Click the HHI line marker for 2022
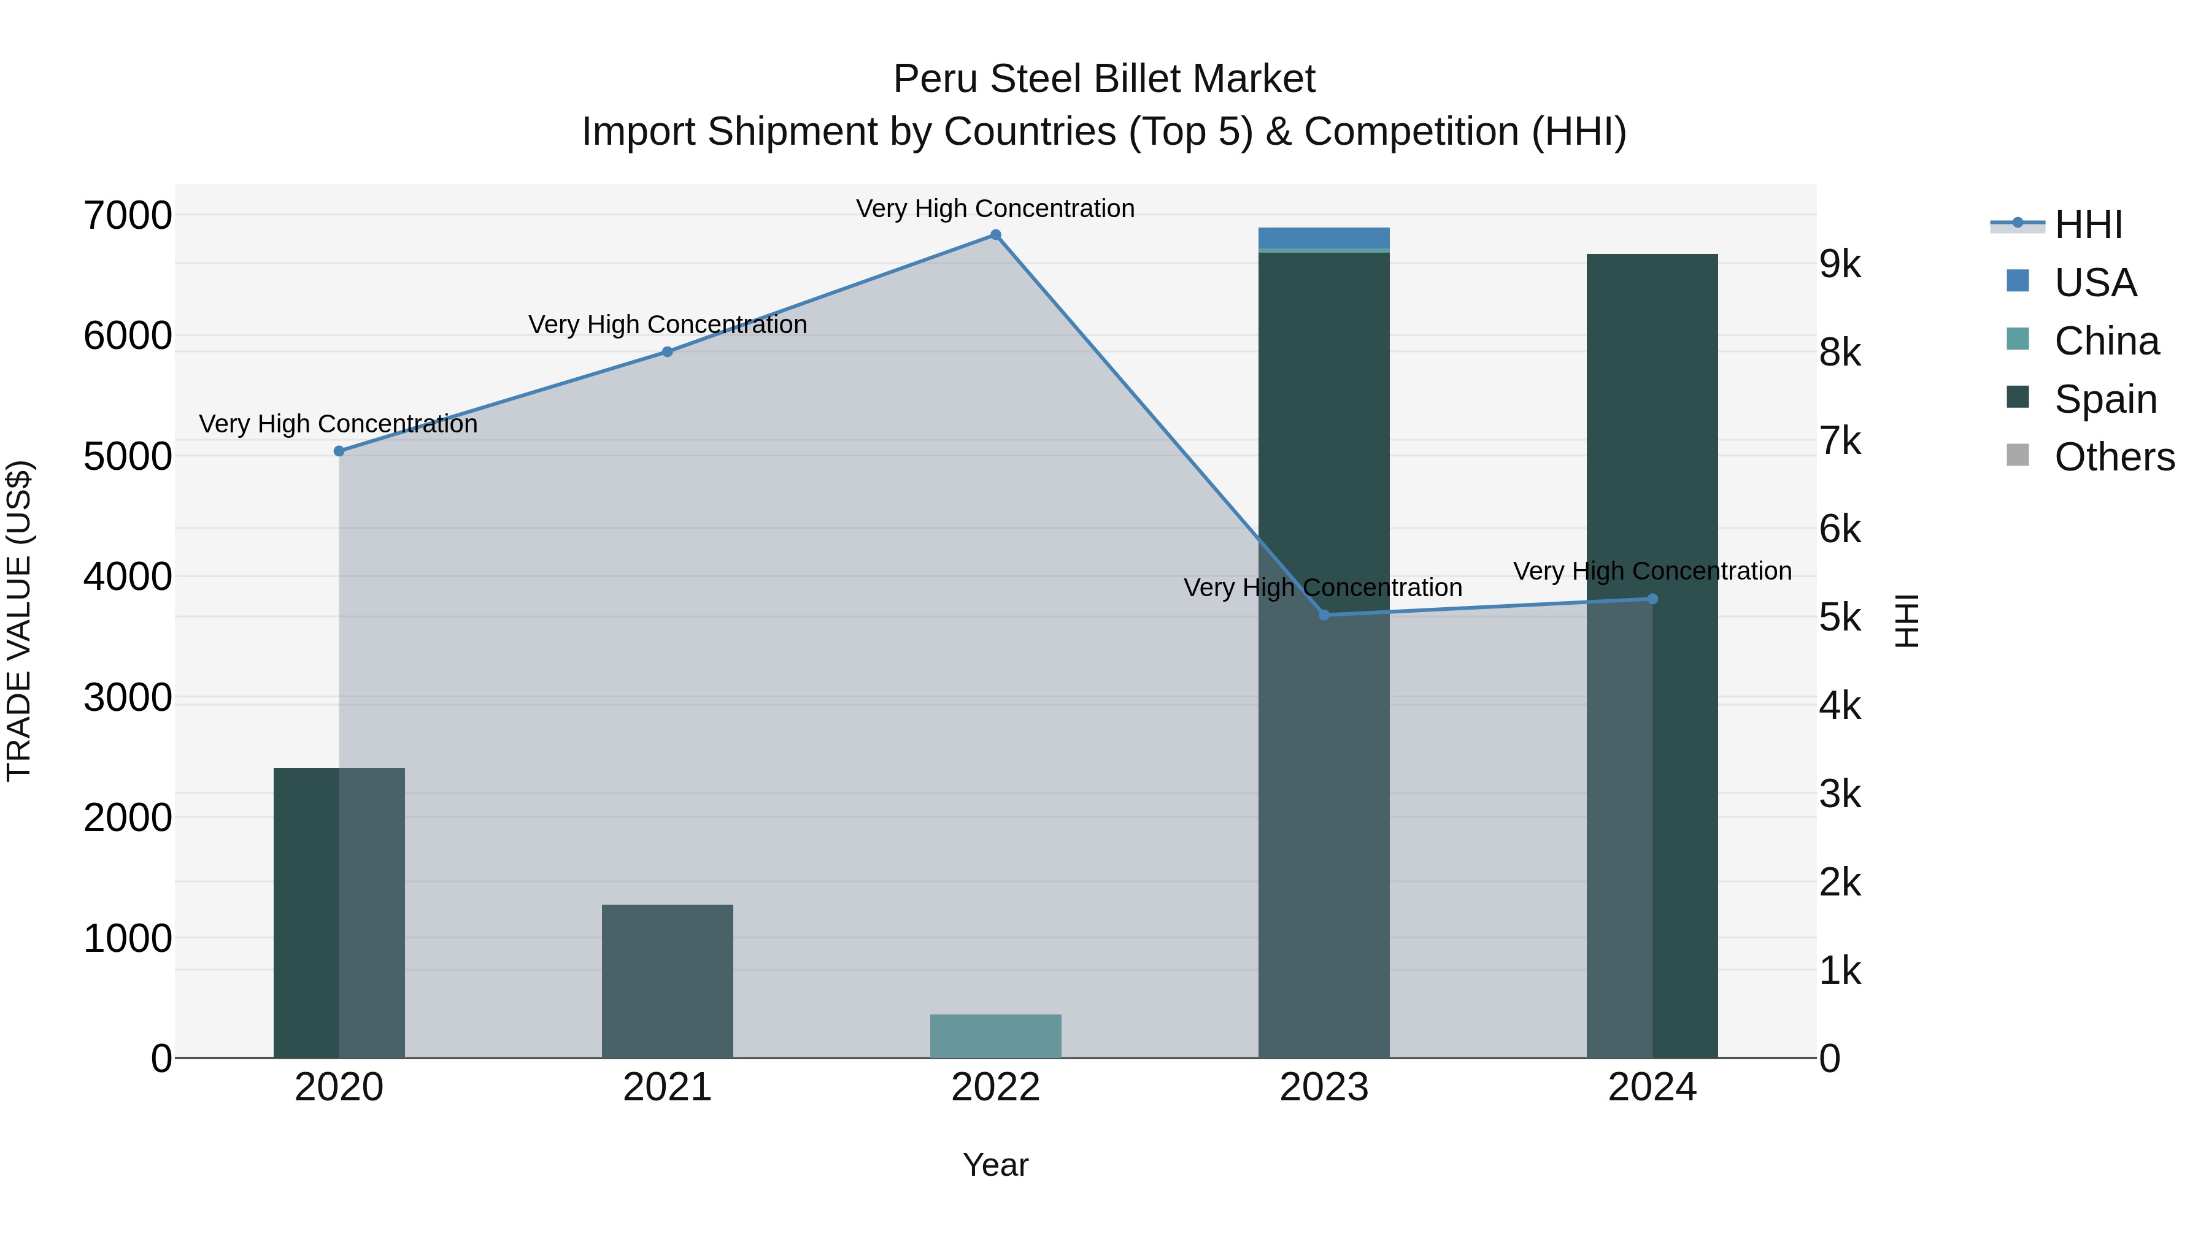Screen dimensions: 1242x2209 (x=996, y=235)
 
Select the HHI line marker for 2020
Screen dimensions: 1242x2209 (x=339, y=451)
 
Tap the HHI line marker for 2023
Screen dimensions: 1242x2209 (x=1324, y=615)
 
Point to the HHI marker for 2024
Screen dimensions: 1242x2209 (x=1652, y=599)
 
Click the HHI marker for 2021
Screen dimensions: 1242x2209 (x=667, y=351)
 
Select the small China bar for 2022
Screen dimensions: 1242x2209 (x=996, y=1035)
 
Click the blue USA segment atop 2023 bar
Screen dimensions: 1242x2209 (x=1324, y=237)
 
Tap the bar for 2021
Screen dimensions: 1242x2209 (x=667, y=981)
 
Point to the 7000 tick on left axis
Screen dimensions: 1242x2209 (x=127, y=215)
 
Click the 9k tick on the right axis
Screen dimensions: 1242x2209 (x=1840, y=265)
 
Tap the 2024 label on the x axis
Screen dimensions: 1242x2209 (x=1652, y=1087)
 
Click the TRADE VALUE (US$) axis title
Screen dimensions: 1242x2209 (x=19, y=621)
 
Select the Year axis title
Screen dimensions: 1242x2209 (x=996, y=1165)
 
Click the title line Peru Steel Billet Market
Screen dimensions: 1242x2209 (x=1104, y=79)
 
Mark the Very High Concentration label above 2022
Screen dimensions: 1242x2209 (x=996, y=209)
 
